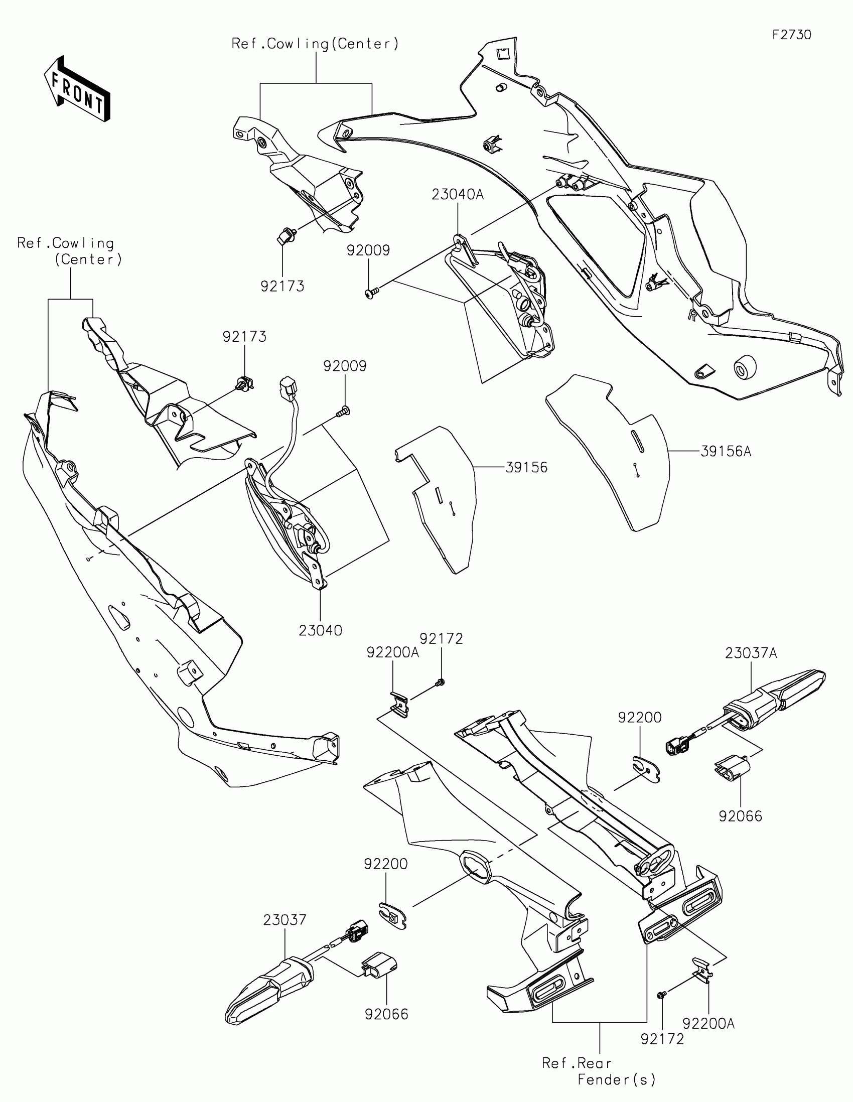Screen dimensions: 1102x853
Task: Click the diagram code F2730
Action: coord(791,35)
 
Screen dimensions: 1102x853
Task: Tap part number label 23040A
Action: coord(457,194)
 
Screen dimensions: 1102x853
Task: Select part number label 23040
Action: coord(320,630)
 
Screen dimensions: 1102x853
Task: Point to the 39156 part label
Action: coord(526,467)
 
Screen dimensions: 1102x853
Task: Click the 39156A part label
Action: coord(726,451)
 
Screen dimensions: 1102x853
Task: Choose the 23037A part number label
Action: coord(751,653)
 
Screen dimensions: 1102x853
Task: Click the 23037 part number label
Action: coord(285,920)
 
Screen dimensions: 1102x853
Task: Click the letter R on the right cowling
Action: coord(691,316)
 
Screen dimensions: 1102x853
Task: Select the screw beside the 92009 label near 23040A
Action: coord(372,292)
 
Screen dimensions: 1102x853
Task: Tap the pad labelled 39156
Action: coord(438,499)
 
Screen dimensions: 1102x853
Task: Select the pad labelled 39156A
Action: coord(610,449)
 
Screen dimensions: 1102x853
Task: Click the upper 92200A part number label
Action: coord(392,652)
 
